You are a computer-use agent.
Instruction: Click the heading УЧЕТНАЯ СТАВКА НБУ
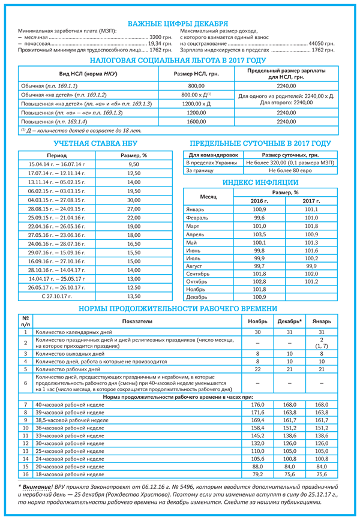click(x=90, y=144)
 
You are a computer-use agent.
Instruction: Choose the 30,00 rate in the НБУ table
click(x=133, y=200)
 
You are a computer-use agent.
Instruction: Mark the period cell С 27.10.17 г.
click(x=56, y=296)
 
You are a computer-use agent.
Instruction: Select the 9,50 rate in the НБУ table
click(x=133, y=164)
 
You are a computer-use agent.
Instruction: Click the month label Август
click(x=196, y=265)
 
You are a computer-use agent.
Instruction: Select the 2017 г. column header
click(x=311, y=200)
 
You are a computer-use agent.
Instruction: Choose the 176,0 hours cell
click(x=257, y=405)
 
